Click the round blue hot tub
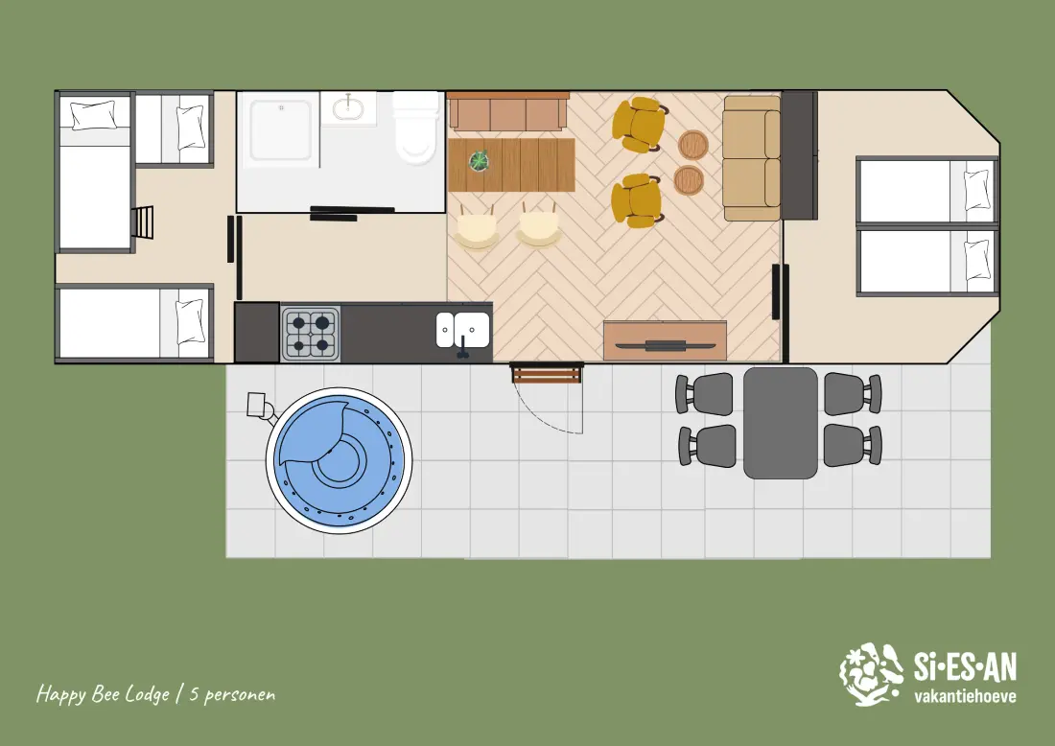click(x=339, y=461)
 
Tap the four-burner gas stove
click(x=310, y=334)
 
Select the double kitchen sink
click(x=462, y=330)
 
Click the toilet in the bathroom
click(x=416, y=128)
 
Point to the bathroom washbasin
click(x=348, y=107)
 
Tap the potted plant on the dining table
click(x=479, y=161)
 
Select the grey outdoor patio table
click(x=780, y=423)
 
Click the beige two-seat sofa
click(x=752, y=159)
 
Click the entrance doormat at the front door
click(x=546, y=373)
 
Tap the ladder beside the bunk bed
click(x=143, y=222)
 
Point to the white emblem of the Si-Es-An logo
click(x=871, y=674)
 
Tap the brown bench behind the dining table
click(x=508, y=111)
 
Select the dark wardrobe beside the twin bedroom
click(x=799, y=155)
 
